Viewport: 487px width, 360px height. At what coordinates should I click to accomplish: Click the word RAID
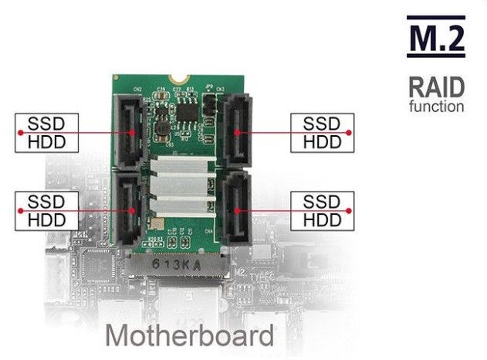click(x=435, y=87)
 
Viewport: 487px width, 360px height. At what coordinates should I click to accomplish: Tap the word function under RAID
click(x=437, y=105)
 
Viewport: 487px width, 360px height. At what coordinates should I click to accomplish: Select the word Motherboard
click(x=189, y=336)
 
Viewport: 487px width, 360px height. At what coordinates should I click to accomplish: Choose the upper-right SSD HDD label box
click(x=322, y=133)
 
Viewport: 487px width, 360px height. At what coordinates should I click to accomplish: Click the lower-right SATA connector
click(x=238, y=207)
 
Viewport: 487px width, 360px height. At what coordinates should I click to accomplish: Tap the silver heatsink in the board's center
click(x=182, y=189)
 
